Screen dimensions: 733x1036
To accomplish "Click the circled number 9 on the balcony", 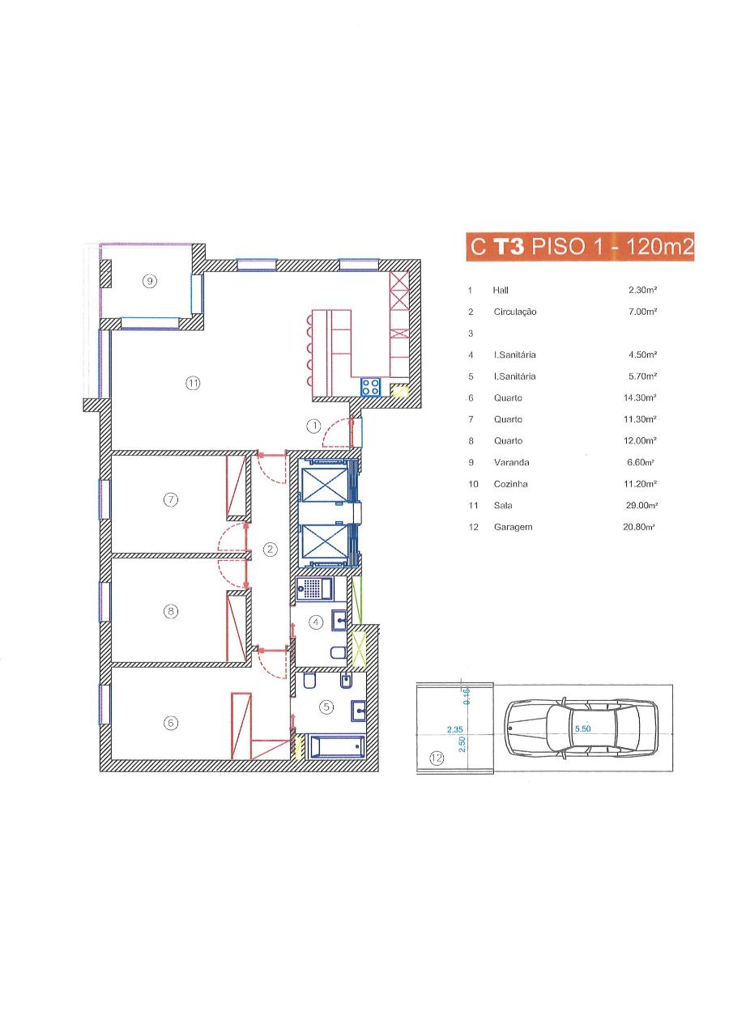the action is (x=150, y=280).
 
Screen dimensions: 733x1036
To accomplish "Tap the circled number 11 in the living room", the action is (x=193, y=383).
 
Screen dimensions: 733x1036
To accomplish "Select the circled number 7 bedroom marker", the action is (x=171, y=499).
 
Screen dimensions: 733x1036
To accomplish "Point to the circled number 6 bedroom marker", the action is (x=171, y=723).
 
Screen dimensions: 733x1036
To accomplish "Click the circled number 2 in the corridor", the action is (x=271, y=549).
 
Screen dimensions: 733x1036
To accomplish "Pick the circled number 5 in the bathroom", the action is (x=326, y=707).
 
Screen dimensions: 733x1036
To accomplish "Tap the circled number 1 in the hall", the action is (x=313, y=426).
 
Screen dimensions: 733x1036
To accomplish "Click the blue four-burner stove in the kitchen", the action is (x=371, y=387).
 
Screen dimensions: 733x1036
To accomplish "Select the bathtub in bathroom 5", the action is (x=337, y=746).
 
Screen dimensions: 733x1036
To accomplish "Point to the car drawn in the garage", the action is (x=582, y=728).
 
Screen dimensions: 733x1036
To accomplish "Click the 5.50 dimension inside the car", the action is (x=582, y=728).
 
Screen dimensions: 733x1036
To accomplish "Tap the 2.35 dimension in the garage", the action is (x=455, y=729).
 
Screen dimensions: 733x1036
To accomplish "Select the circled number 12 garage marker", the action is (x=437, y=758).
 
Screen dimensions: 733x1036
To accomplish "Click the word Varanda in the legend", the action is (x=511, y=462).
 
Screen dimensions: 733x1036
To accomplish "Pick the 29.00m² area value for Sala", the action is (x=641, y=505).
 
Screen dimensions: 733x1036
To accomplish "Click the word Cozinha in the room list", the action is (x=510, y=484).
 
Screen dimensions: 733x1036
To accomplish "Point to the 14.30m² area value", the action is (x=640, y=397).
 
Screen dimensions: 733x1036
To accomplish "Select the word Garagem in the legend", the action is (x=513, y=527).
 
